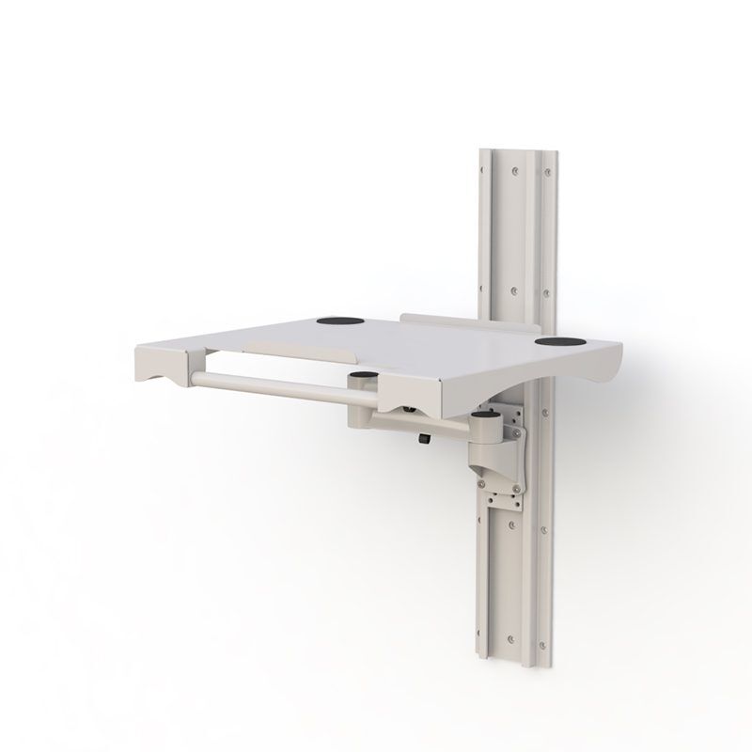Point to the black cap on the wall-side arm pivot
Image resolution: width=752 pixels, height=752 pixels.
485,415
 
